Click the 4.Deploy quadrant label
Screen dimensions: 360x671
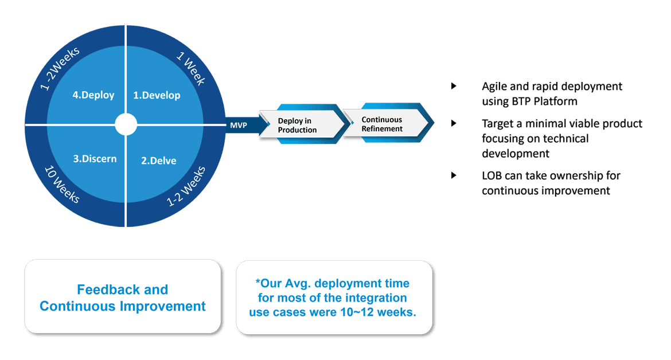point(93,95)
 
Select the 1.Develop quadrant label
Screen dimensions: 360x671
point(157,95)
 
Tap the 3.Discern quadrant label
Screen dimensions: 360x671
point(95,158)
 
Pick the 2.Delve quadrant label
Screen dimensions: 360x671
point(159,161)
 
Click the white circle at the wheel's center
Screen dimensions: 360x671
point(126,124)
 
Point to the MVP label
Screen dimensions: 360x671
point(239,124)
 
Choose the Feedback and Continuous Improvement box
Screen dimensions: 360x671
point(123,298)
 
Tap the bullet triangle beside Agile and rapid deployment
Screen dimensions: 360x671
point(454,87)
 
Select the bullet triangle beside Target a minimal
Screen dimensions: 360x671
point(454,123)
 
